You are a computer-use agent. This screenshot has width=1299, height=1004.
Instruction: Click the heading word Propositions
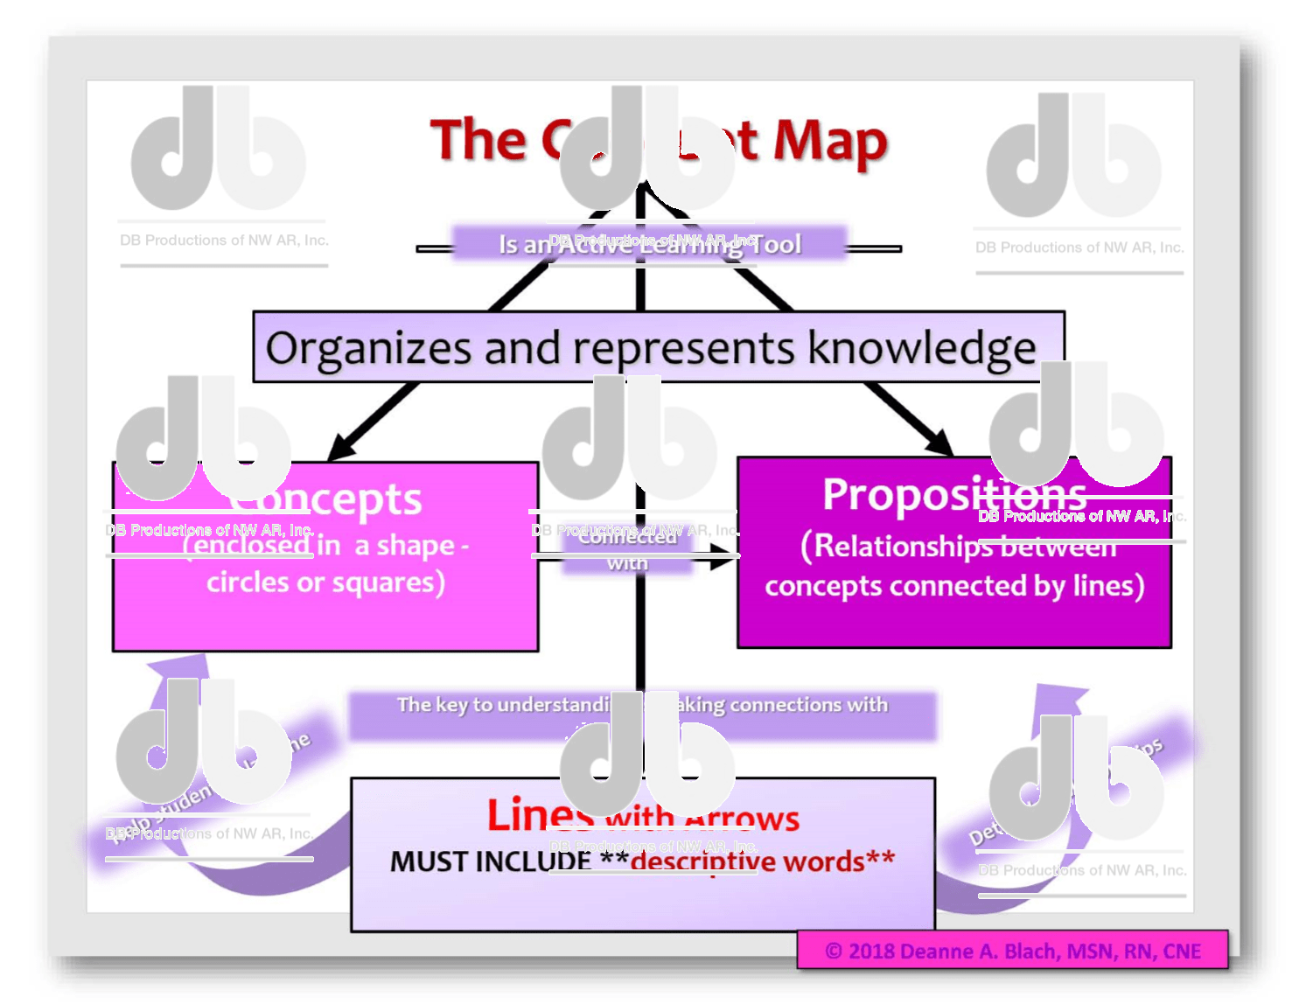pyautogui.click(x=954, y=495)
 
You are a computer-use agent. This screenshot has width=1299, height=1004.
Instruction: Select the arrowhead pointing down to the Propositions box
pyautogui.click(x=939, y=442)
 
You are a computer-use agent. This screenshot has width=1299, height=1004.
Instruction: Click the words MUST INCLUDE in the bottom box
pyautogui.click(x=490, y=862)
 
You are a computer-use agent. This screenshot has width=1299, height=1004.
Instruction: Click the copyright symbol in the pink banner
pyautogui.click(x=833, y=952)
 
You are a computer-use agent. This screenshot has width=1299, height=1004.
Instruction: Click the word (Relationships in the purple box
pyautogui.click(x=892, y=547)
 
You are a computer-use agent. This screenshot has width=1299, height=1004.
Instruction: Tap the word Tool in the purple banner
pyautogui.click(x=776, y=244)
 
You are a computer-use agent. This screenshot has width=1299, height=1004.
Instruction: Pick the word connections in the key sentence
pyautogui.click(x=785, y=705)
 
